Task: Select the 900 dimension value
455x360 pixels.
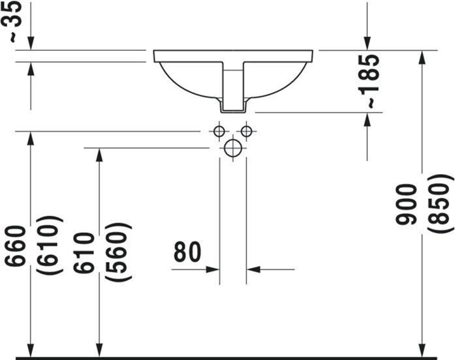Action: coord(405,203)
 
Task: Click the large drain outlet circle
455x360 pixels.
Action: coord(233,148)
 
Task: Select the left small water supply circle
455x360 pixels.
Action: coord(219,132)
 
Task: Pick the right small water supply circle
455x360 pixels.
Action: coord(246,132)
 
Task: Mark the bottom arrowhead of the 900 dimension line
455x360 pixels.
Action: coord(422,350)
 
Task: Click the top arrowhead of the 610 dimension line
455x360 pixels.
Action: coord(99,155)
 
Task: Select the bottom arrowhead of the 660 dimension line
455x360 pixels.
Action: coord(30,350)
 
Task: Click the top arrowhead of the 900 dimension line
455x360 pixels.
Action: coord(422,57)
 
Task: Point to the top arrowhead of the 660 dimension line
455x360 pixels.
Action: coord(30,139)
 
